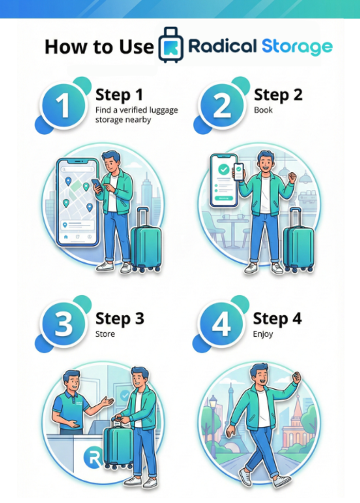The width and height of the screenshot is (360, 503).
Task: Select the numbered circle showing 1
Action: click(x=64, y=105)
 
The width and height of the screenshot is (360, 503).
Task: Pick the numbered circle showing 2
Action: click(x=221, y=105)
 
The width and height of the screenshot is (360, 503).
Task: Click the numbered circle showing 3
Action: click(x=64, y=324)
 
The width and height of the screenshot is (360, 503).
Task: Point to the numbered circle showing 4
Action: click(x=221, y=324)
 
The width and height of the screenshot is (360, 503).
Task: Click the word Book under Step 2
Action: click(x=263, y=110)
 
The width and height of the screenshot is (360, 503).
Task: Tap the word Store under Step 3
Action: click(x=105, y=334)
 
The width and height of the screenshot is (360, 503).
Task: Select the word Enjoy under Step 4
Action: click(x=263, y=334)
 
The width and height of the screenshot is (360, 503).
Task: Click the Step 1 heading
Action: click(x=119, y=95)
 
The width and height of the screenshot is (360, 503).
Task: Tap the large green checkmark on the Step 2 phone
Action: click(x=224, y=169)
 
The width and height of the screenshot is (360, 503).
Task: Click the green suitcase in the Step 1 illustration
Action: click(x=146, y=239)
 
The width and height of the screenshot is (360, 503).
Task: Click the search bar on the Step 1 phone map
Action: click(x=78, y=169)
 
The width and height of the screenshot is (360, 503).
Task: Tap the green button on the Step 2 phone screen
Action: click(x=224, y=198)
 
